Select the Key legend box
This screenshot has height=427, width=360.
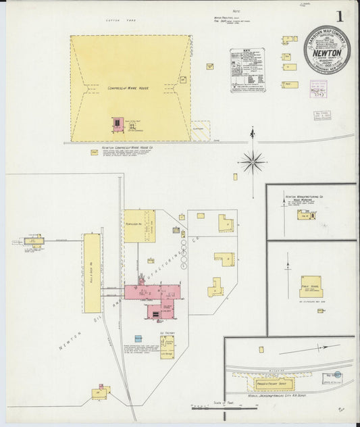click(x=247, y=70)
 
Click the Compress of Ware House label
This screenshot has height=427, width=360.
click(x=121, y=88)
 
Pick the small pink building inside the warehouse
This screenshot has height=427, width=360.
click(x=118, y=124)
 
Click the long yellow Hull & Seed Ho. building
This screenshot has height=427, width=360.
click(x=92, y=273)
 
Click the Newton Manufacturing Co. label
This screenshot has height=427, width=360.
click(x=305, y=196)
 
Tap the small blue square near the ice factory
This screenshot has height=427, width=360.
click(x=138, y=338)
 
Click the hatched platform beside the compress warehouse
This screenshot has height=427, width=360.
click(x=201, y=130)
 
